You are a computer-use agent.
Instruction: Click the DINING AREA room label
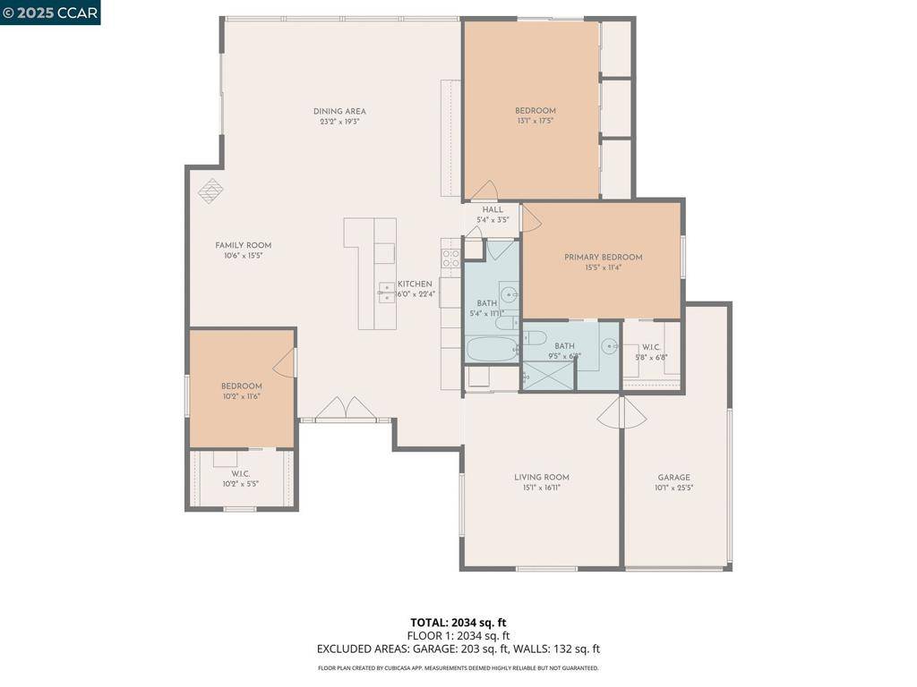coord(339,112)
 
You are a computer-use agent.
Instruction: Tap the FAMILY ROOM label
coord(243,245)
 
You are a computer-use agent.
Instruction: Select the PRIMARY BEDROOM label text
coord(603,257)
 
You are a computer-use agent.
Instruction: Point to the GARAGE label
coord(673,478)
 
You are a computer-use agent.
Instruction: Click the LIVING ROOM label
coord(541,478)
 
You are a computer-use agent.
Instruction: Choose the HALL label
coord(493,209)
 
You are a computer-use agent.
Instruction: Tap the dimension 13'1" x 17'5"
coord(535,121)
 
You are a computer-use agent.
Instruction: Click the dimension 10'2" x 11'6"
coord(241,396)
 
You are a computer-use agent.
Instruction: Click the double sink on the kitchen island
coord(386,293)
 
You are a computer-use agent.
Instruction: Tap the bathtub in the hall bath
coord(492,350)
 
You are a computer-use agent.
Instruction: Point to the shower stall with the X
coord(548,377)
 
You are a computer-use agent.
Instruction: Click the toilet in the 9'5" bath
coord(535,337)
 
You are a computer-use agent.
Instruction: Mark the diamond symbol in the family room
coord(210,191)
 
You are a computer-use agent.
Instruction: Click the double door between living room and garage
coord(621,411)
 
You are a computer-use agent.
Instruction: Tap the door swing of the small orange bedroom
coord(285,362)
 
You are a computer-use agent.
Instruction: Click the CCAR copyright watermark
coord(50,12)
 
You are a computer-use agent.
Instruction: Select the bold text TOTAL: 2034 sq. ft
coord(458,623)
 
